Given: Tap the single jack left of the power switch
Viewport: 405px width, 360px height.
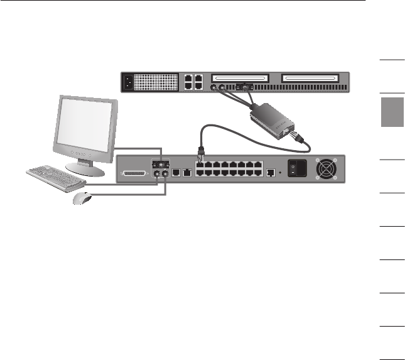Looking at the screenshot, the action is [x=270, y=171].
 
